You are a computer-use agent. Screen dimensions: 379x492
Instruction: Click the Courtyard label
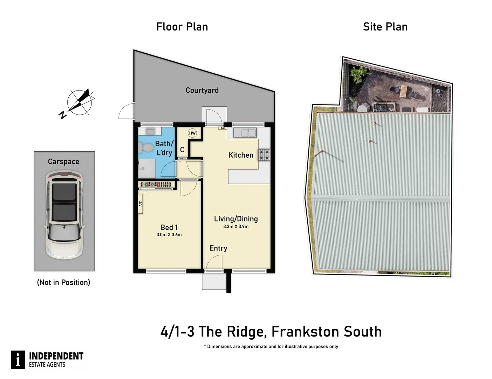pyautogui.click(x=202, y=90)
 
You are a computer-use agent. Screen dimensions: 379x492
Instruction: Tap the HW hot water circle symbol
pyautogui.click(x=192, y=133)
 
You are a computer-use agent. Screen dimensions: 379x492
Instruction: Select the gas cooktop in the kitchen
pyautogui.click(x=264, y=155)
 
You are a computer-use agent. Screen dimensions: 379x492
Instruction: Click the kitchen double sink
pyautogui.click(x=245, y=133)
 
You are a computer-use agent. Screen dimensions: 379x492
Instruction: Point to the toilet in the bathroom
pyautogui.click(x=144, y=148)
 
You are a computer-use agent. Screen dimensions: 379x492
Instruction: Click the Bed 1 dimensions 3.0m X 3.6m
pyautogui.click(x=169, y=235)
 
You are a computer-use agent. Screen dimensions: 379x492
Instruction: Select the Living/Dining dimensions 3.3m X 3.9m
pyautogui.click(x=236, y=227)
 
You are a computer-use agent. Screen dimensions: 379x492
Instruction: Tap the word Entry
pyautogui.click(x=218, y=248)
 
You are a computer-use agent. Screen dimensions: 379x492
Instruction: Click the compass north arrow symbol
pyautogui.click(x=80, y=101)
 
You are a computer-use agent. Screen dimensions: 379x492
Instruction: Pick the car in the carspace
pyautogui.click(x=64, y=215)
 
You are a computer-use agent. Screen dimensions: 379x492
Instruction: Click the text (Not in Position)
pyautogui.click(x=63, y=282)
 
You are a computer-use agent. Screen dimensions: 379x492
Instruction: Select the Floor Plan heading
pyautogui.click(x=182, y=27)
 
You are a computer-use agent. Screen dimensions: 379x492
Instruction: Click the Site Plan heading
pyautogui.click(x=385, y=27)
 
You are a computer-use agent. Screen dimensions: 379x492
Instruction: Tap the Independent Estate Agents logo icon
pyautogui.click(x=18, y=360)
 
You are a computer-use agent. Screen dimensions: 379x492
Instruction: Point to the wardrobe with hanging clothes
pyautogui.click(x=156, y=184)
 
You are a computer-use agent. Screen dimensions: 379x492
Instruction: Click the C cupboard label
pyautogui.click(x=182, y=150)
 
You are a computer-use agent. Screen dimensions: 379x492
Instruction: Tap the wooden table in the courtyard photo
pyautogui.click(x=404, y=92)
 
